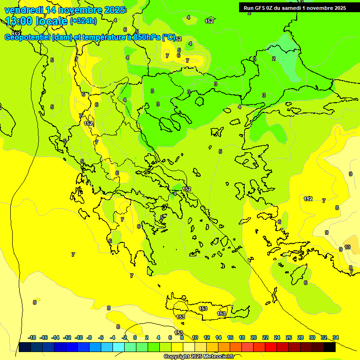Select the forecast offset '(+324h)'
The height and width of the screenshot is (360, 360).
[83, 21]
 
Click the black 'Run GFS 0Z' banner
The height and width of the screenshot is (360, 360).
[294, 7]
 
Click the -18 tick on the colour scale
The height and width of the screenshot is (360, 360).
[32, 337]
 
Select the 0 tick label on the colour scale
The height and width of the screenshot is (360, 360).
[135, 337]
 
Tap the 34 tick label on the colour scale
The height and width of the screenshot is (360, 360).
[335, 337]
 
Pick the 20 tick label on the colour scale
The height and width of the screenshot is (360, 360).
[254, 337]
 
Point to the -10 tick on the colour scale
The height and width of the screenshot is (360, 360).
[79, 337]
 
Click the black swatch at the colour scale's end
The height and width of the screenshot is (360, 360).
[330, 347]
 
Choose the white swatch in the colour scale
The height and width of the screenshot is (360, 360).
[189, 347]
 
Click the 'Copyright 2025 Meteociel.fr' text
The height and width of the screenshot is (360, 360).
[199, 356]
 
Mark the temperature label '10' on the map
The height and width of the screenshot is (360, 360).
[347, 247]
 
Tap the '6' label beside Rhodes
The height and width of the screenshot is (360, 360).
[305, 283]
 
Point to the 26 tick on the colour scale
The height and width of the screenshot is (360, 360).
[289, 337]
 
